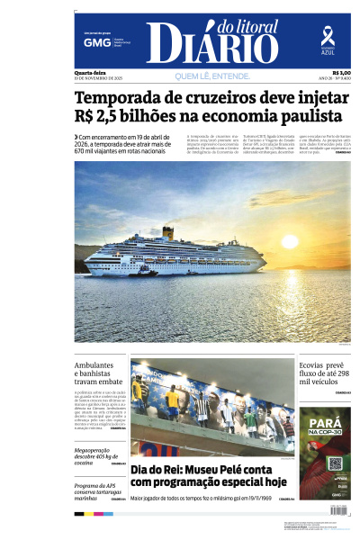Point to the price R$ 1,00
(341, 73)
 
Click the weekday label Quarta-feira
(90, 73)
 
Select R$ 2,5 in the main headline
(101, 117)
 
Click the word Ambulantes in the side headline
(94, 365)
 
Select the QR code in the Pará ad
(335, 463)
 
